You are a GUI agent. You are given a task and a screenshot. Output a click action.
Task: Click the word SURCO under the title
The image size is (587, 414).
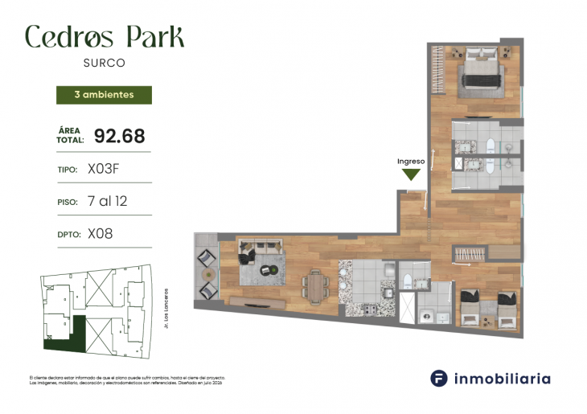105,62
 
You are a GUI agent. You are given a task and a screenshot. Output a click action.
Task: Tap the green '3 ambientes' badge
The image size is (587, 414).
104,95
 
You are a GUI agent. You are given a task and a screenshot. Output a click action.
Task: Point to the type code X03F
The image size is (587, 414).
108,170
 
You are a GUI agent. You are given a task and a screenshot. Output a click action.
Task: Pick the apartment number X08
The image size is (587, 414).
100,234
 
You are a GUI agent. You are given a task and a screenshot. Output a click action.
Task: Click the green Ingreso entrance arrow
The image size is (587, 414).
412,174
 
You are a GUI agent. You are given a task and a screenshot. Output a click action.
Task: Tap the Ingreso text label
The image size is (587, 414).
411,161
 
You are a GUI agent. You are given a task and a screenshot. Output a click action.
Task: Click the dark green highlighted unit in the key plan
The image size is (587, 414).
60,338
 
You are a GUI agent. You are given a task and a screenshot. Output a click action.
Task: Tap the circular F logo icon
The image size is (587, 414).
439,378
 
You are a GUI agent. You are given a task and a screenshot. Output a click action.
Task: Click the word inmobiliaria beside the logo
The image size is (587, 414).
503,378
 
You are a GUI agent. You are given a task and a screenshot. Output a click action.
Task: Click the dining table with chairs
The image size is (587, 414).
315,285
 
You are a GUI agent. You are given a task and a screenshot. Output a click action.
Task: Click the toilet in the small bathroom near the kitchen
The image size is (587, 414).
407,281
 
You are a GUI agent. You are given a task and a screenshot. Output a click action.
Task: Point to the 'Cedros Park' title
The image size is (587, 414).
105,36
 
